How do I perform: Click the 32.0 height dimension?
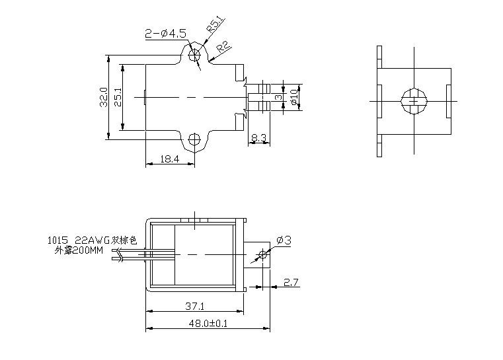[x=103, y=98]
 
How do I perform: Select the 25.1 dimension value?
[x=118, y=98]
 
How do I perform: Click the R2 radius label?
[x=223, y=48]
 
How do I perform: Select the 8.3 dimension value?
[x=258, y=138]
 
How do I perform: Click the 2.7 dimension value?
[x=291, y=283]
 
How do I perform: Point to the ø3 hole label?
[x=283, y=240]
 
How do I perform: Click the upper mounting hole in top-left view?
[x=194, y=55]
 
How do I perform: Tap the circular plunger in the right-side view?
[x=414, y=101]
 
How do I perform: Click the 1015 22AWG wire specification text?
[x=91, y=240]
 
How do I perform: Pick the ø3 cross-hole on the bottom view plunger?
[x=263, y=255]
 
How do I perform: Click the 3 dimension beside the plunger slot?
[x=279, y=98]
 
